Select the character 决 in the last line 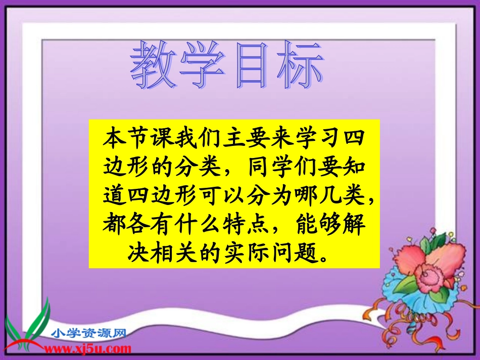(x=136, y=250)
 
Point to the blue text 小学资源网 (x=88, y=333)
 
